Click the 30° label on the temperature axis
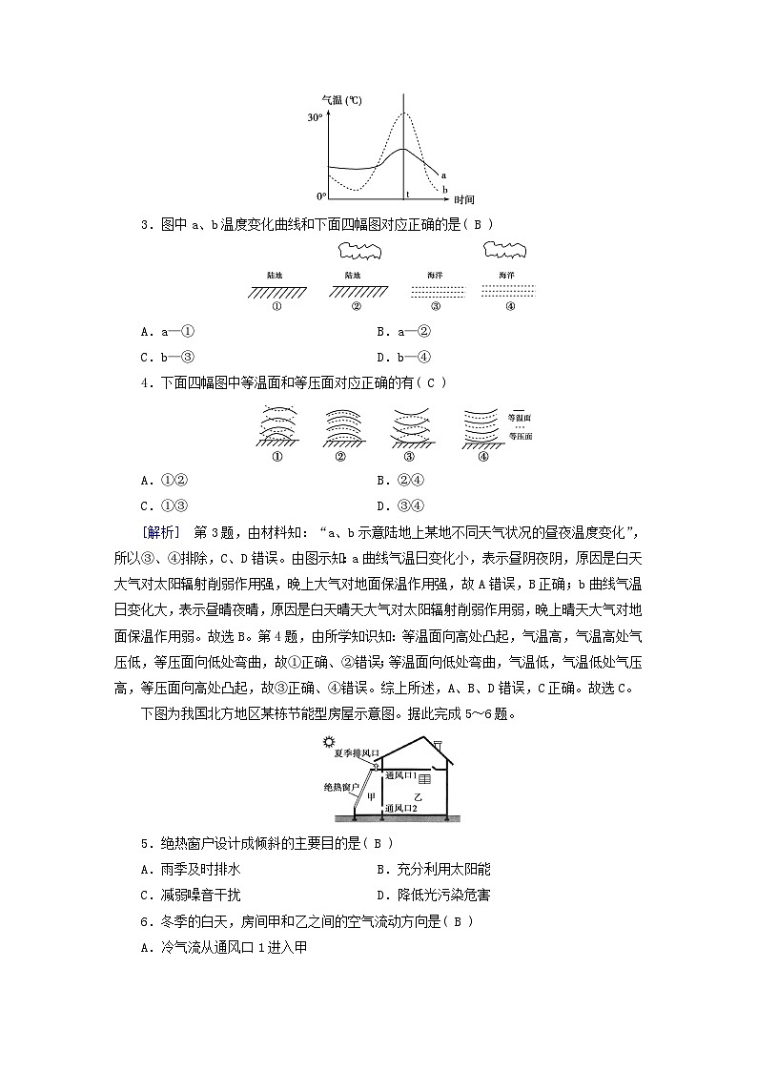click(315, 117)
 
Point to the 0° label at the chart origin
click(320, 195)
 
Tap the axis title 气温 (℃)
click(340, 100)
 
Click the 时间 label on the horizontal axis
click(464, 199)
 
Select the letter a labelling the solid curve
click(444, 175)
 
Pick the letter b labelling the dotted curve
click(444, 189)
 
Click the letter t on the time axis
click(408, 195)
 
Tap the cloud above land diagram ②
click(358, 252)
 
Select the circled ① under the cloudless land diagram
click(277, 307)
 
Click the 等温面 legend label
click(520, 418)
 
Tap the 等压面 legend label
click(520, 436)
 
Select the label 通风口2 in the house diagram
click(402, 808)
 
